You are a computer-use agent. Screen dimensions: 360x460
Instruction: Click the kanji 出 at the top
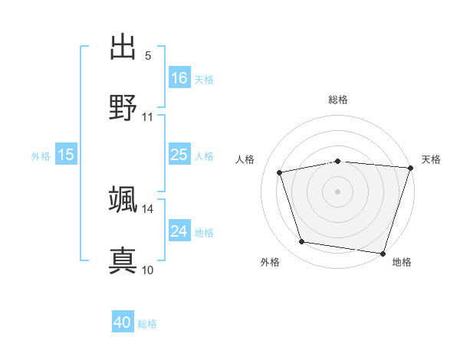[x=123, y=47]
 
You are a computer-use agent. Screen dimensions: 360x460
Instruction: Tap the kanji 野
[x=123, y=107]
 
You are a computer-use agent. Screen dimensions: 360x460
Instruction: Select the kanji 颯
[x=123, y=199]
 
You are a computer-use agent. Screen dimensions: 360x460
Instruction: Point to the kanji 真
[x=123, y=260]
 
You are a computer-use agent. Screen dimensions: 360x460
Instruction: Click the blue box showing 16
[x=179, y=77]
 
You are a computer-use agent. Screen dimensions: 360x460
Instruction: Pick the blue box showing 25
[x=179, y=155]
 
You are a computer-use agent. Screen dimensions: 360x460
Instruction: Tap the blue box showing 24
[x=179, y=231]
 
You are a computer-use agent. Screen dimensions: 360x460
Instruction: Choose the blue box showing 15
[x=66, y=155]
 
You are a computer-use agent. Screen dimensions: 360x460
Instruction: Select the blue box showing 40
[x=123, y=323]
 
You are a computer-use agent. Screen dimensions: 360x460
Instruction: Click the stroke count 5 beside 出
[x=148, y=56]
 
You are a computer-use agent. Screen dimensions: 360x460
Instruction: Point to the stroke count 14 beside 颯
[x=147, y=208]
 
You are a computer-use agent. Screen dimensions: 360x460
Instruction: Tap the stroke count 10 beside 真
[x=147, y=270]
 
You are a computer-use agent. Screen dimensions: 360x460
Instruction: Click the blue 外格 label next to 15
[x=41, y=156]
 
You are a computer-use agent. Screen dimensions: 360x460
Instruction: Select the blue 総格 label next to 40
[x=147, y=324]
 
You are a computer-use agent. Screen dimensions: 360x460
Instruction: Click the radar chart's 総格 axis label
[x=338, y=100]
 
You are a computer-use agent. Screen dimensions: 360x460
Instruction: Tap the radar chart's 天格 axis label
[x=432, y=159]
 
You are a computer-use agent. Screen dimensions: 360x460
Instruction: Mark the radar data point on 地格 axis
[x=383, y=253]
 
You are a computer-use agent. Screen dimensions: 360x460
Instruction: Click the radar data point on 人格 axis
[x=280, y=172]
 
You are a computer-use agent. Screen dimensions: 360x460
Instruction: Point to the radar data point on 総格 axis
[x=338, y=161]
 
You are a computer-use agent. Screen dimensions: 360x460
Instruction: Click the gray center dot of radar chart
[x=338, y=191]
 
